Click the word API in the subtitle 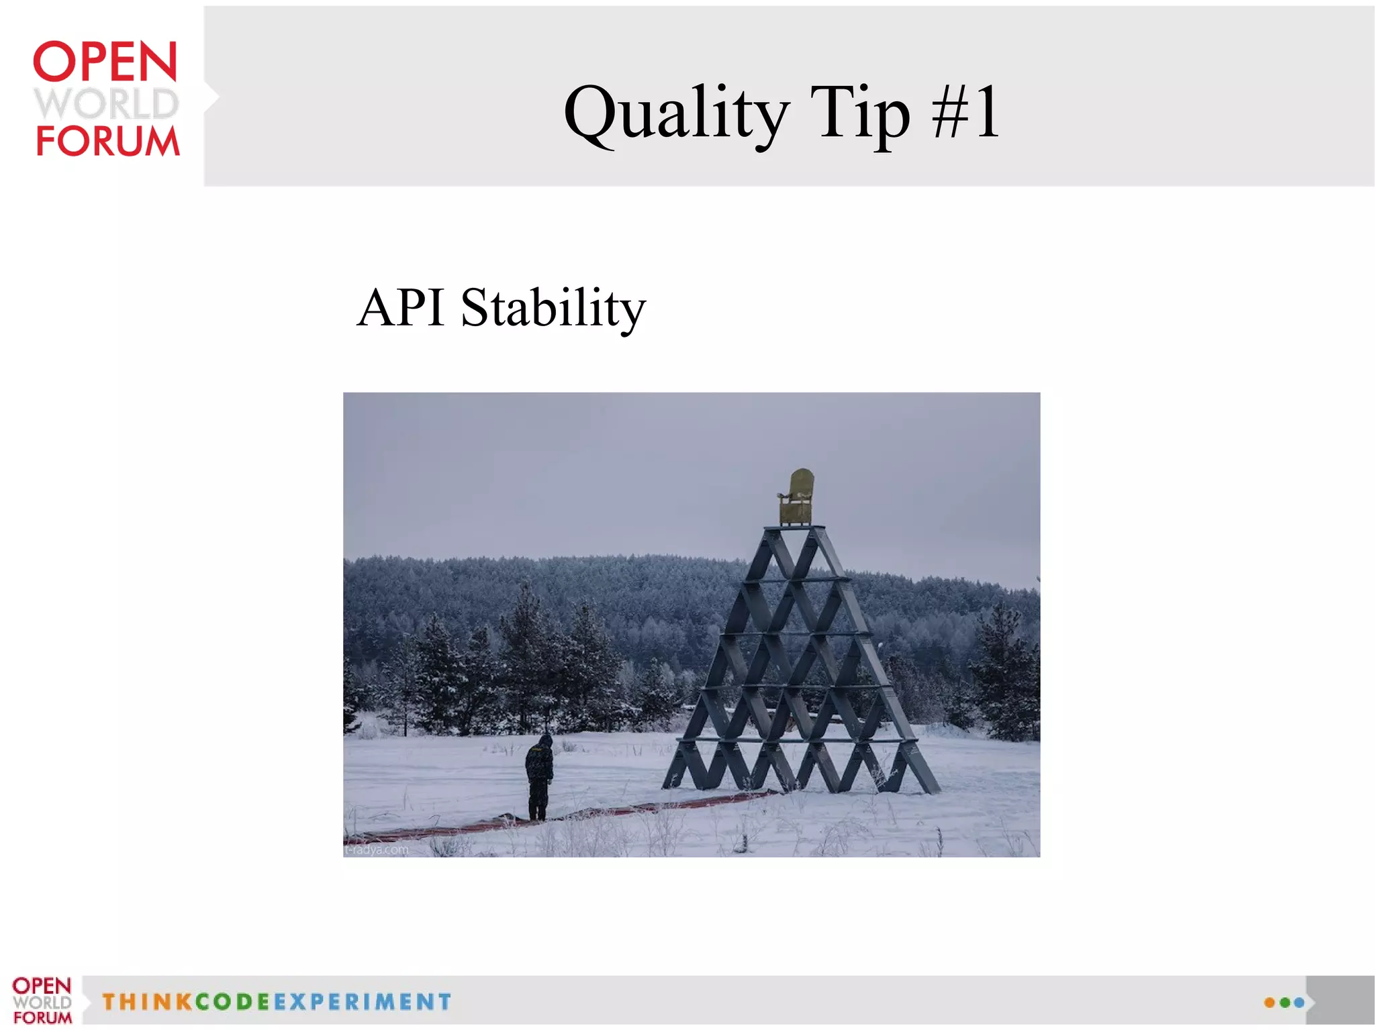pyautogui.click(x=401, y=307)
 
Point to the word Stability pyautogui.click(x=553, y=309)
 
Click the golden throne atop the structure pyautogui.click(x=797, y=497)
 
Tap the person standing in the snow pyautogui.click(x=539, y=777)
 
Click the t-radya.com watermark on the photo pyautogui.click(x=377, y=849)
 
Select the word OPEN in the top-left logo pyautogui.click(x=105, y=62)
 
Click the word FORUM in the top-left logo pyautogui.click(x=107, y=141)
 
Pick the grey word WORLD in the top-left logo pyautogui.click(x=106, y=103)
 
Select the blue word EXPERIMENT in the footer pyautogui.click(x=363, y=1002)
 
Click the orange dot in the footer pyautogui.click(x=1269, y=1002)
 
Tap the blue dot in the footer pyautogui.click(x=1299, y=1002)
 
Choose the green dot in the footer pyautogui.click(x=1284, y=1002)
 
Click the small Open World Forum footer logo pyautogui.click(x=42, y=1000)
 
